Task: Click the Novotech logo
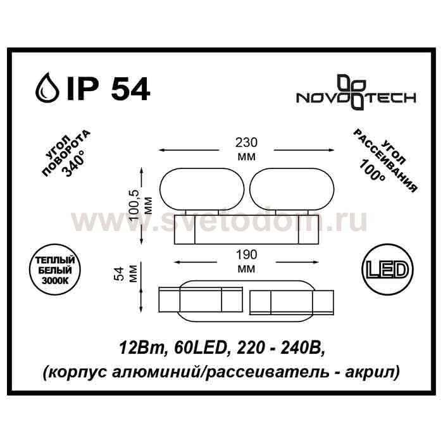point(356,92)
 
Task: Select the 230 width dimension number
point(247,142)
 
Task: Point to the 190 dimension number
point(246,254)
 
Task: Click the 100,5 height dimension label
point(135,206)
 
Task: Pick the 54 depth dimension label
point(120,274)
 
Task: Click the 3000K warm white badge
point(56,270)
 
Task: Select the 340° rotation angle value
point(73,166)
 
